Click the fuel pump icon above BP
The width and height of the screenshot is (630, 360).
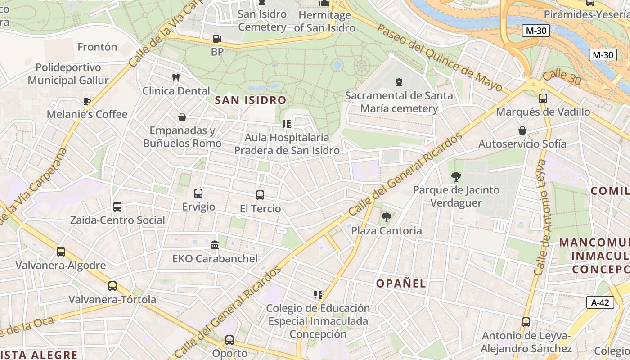[x=217, y=39]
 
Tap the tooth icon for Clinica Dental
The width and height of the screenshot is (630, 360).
[x=176, y=77]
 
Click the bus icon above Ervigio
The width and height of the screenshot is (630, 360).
[x=198, y=193]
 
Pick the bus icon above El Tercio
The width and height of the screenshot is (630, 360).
[x=260, y=195]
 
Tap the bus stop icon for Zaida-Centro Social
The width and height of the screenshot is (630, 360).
[x=117, y=207]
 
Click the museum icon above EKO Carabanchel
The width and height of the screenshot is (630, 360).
[x=215, y=245]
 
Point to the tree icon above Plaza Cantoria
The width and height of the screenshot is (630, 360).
[x=386, y=218]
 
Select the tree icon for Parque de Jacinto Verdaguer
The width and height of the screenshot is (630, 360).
[x=456, y=177]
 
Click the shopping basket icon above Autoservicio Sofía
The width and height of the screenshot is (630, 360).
[x=522, y=131]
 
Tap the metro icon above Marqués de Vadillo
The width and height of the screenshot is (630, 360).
[x=543, y=99]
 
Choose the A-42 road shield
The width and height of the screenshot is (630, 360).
[x=600, y=302]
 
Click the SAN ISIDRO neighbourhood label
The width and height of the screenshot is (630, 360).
[x=251, y=100]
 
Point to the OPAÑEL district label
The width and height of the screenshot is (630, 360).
[x=401, y=283]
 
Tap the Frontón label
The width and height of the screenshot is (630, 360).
[x=97, y=47]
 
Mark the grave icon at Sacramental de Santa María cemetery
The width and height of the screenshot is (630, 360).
[x=399, y=82]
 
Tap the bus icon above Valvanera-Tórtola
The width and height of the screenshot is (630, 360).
[x=112, y=286]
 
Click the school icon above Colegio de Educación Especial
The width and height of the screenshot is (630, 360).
[x=318, y=295]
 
